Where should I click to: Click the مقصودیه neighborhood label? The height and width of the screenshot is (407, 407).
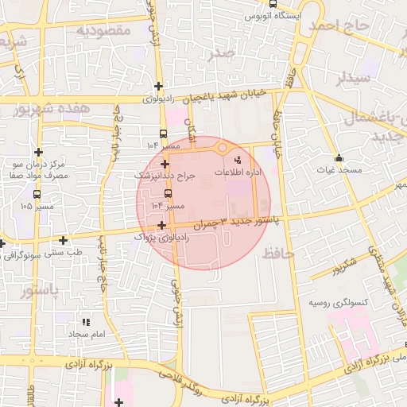click(103, 30)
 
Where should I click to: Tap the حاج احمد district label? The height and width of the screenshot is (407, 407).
click(343, 27)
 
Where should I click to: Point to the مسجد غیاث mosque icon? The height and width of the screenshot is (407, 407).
click(339, 157)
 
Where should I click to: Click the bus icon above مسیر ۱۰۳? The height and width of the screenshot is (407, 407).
click(164, 134)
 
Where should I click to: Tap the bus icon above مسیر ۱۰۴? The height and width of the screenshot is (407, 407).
click(167, 193)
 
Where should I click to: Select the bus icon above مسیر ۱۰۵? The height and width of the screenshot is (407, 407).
click(37, 193)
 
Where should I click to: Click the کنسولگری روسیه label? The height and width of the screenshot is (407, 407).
click(338, 304)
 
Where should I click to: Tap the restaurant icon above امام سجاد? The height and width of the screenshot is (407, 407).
click(86, 322)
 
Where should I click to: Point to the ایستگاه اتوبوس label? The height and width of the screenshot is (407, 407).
click(272, 15)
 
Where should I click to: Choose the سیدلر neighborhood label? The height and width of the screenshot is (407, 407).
click(354, 78)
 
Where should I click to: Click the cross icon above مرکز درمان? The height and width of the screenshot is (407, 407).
click(37, 152)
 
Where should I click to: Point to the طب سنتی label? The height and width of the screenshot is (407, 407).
click(67, 252)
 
